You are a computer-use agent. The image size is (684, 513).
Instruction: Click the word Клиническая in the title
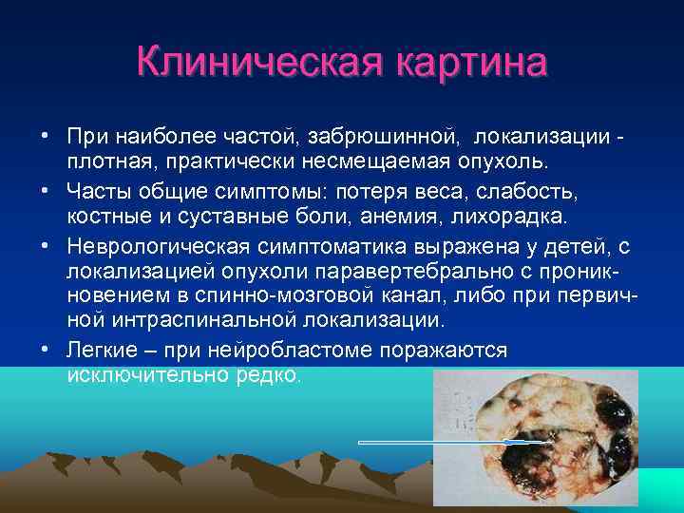point(255,63)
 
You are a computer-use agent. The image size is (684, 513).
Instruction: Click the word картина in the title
point(463,63)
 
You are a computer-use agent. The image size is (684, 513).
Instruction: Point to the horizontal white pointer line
point(446,443)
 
